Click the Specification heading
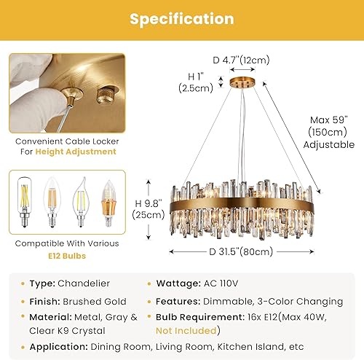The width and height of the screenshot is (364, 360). point(182,19)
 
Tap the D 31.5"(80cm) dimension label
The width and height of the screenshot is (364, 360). point(240,252)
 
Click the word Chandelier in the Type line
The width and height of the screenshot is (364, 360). point(83,283)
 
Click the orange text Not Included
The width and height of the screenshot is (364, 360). point(185,330)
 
